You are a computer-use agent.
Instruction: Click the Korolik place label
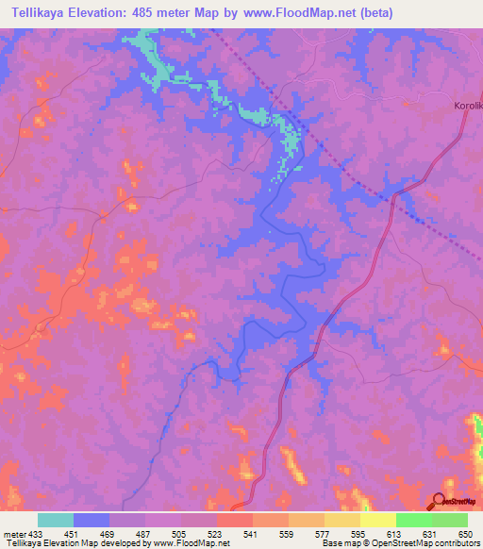point(468,106)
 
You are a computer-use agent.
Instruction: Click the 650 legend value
point(464,533)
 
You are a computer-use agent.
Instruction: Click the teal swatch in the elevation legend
point(56,520)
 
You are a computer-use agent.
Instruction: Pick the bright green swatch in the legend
point(414,520)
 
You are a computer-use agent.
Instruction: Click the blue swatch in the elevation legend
point(92,520)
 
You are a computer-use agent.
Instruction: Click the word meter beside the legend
point(14,533)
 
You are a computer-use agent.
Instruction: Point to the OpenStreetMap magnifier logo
point(440,500)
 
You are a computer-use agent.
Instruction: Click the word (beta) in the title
point(375,13)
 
